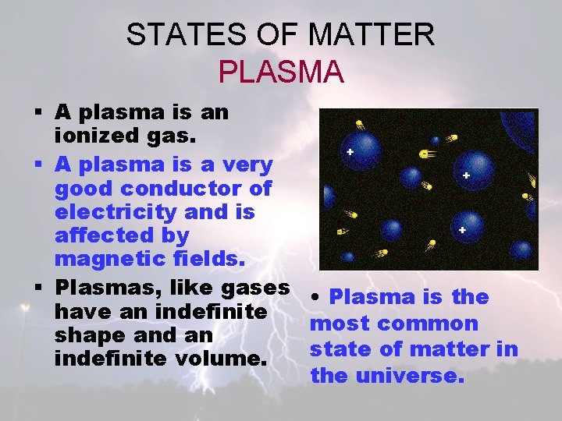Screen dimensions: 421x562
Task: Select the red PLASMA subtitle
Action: (281, 72)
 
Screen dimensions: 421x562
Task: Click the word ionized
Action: (93, 136)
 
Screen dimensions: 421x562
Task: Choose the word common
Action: (427, 324)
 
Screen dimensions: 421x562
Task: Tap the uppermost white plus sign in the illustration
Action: (350, 152)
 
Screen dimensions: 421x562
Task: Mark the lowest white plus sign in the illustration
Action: (462, 230)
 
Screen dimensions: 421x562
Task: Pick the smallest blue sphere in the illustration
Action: (436, 140)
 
